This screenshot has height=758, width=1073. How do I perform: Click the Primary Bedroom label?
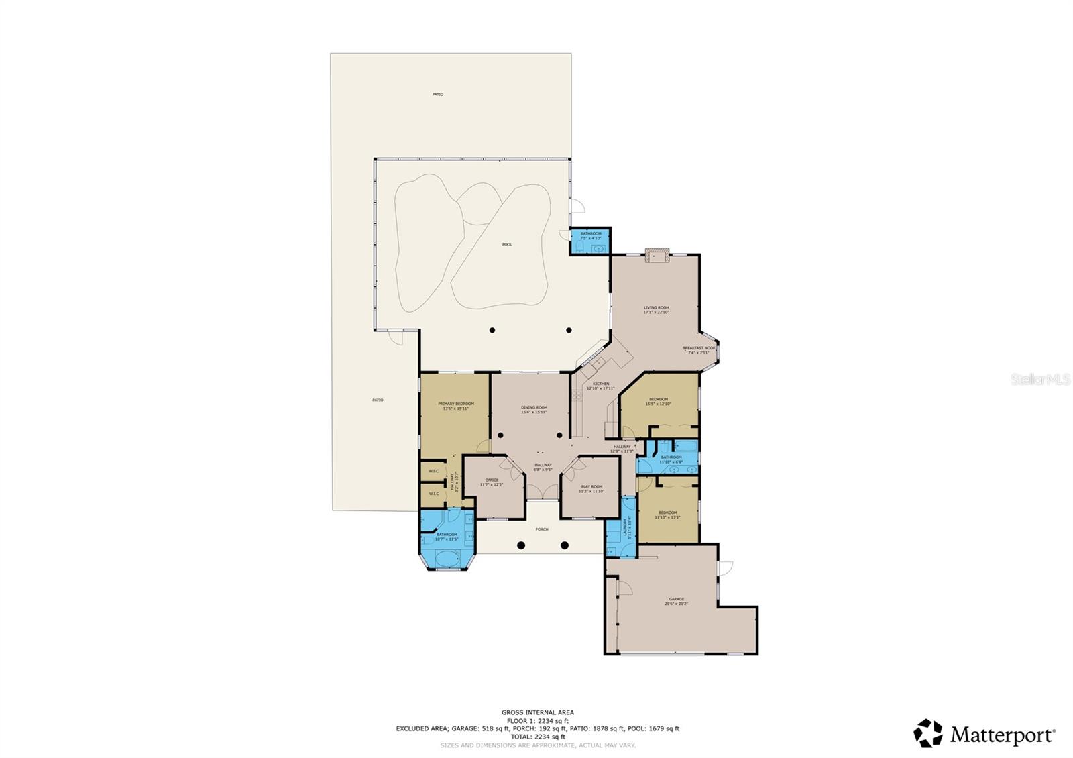[456, 404]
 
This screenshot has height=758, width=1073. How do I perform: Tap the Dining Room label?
[534, 408]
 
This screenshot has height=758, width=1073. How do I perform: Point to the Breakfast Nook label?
[699, 349]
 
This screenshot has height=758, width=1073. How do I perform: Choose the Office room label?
[492, 481]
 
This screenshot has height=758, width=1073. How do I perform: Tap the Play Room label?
[591, 488]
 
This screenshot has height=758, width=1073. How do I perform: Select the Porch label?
[542, 529]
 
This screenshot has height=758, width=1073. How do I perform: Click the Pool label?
[507, 245]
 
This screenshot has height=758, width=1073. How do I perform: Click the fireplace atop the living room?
[657, 254]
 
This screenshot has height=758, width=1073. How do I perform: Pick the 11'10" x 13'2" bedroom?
[667, 515]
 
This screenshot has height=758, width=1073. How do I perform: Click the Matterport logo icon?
[928, 733]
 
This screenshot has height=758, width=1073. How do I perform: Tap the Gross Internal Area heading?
[537, 712]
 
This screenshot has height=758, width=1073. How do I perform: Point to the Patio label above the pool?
[437, 95]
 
